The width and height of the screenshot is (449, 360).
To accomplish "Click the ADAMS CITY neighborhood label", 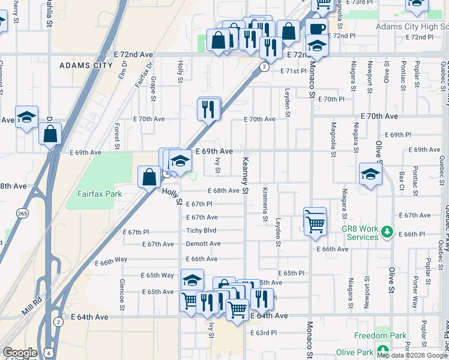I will [86, 65].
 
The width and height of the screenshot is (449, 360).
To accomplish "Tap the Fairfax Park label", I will [100, 194].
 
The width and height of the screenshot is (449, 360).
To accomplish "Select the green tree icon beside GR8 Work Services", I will [387, 231].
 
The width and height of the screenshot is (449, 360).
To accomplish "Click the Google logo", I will [20, 353].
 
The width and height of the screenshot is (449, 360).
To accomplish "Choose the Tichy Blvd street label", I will [201, 230].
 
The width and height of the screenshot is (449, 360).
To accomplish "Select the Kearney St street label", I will [245, 176].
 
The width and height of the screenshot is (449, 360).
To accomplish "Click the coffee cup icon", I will [316, 28].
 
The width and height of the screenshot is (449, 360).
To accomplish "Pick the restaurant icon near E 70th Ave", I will [208, 109].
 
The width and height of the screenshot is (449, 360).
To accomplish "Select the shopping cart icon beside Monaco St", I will [315, 223].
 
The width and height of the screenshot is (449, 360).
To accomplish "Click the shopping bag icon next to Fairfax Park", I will [149, 176].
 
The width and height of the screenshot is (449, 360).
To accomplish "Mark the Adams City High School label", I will [412, 27].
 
